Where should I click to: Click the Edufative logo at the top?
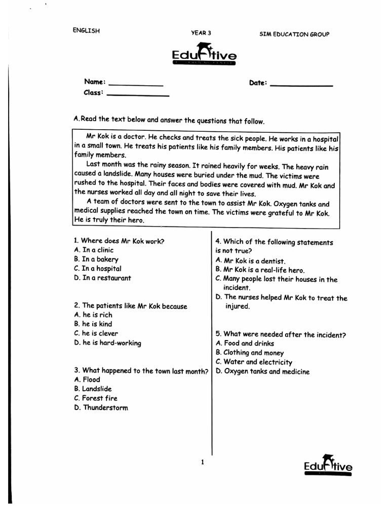click(204, 55)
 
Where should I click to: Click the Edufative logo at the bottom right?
click(328, 465)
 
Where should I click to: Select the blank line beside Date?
click(301, 86)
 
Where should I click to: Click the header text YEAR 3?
click(201, 33)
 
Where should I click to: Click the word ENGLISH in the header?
click(86, 30)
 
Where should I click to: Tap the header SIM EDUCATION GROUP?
click(294, 34)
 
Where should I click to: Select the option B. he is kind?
click(93, 324)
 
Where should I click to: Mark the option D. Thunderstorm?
click(101, 407)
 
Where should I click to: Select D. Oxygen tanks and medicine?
click(262, 372)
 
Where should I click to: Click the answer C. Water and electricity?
click(254, 362)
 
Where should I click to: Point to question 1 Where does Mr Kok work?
click(119, 241)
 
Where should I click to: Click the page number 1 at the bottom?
click(203, 462)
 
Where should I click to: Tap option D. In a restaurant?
click(102, 278)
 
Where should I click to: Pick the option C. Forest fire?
click(95, 398)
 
